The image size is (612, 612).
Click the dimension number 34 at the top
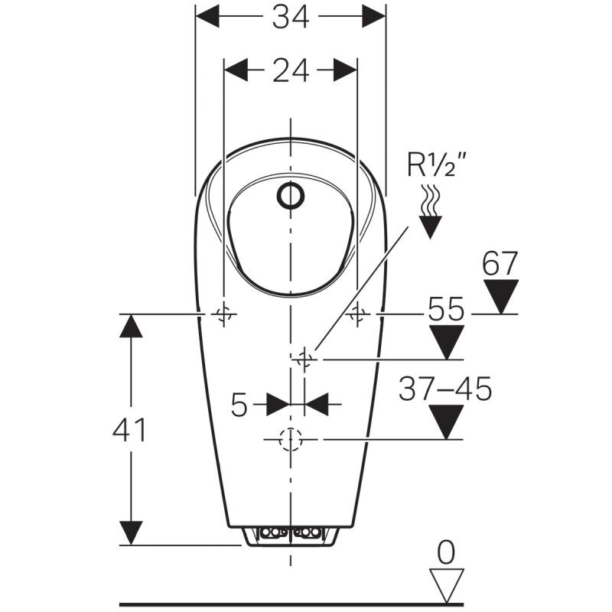[x=291, y=18]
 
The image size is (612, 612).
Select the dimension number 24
[x=291, y=70]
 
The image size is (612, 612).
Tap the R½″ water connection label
[x=436, y=164]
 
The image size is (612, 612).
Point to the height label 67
[x=500, y=264]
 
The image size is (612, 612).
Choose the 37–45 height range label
[x=445, y=389]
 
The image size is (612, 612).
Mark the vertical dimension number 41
[x=129, y=430]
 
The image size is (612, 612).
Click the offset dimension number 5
[x=239, y=405]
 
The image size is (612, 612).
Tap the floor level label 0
[x=446, y=552]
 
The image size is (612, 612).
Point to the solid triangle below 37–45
[x=446, y=422]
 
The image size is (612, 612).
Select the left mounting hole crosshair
[x=224, y=314]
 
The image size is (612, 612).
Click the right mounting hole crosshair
[x=357, y=314]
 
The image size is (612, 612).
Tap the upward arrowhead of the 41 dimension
[x=131, y=326]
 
